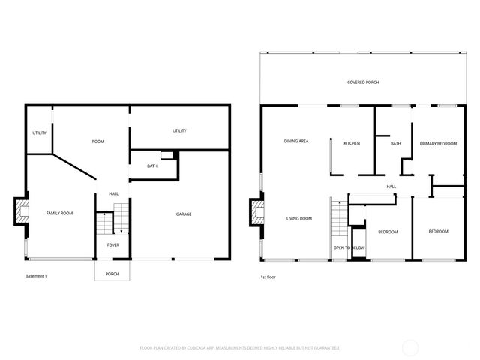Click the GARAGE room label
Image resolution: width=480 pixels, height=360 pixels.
coord(184,214)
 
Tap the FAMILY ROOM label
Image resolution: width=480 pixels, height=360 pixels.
coord(59,214)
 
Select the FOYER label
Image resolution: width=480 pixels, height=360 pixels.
coord(112,244)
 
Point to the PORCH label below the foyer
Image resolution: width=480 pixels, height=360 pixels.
coord(112,274)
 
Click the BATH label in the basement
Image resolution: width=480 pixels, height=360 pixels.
coord(152,166)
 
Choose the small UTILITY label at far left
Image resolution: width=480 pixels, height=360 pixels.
coord(39,133)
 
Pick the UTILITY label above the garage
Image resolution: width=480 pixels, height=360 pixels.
coord(179,131)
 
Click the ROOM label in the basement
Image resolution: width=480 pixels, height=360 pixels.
coord(97,142)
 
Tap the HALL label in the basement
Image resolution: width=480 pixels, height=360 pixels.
coord(113,193)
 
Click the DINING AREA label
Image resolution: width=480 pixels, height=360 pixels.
coord(296,141)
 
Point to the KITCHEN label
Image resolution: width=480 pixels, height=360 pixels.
coord(352,143)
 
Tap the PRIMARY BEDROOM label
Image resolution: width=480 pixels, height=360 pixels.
coord(438,143)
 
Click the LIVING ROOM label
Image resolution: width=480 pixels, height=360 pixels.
coord(298,219)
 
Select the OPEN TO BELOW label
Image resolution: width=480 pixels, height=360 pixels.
coord(349,247)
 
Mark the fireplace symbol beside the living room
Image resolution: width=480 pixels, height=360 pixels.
coord(258,210)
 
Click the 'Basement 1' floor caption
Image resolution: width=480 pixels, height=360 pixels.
coord(36,277)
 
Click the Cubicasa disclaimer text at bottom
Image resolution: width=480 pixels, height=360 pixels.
coord(240,348)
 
